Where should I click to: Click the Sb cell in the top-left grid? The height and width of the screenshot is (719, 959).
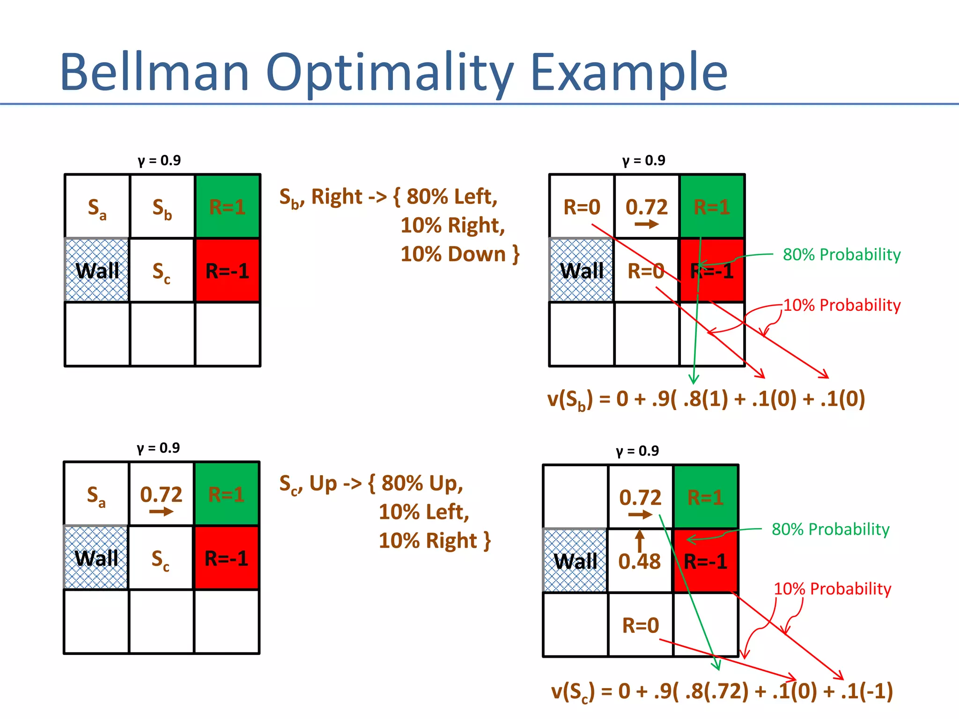click(162, 207)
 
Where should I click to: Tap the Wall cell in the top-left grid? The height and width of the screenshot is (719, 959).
click(97, 271)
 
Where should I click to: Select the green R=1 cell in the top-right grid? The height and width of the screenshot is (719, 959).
click(712, 206)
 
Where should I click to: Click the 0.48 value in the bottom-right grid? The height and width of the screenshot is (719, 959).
click(640, 562)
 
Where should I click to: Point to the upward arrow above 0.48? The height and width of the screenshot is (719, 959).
click(640, 541)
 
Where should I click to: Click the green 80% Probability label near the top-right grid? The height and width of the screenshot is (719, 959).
click(841, 255)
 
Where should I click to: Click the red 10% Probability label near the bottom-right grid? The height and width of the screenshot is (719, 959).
click(832, 589)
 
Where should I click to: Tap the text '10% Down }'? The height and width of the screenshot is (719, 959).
click(460, 254)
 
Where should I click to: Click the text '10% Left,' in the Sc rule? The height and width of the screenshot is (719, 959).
click(424, 512)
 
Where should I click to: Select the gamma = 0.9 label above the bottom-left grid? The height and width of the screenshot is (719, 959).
click(158, 448)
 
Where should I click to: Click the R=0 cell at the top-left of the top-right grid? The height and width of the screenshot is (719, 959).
click(582, 207)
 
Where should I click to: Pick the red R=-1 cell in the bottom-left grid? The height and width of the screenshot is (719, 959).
click(227, 558)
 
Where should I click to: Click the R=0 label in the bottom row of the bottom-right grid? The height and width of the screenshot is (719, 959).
click(640, 625)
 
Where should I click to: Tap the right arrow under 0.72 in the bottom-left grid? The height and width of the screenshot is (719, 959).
click(161, 512)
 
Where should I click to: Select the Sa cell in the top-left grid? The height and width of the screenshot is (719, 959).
click(97, 207)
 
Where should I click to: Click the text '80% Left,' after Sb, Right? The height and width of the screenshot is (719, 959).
click(451, 197)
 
